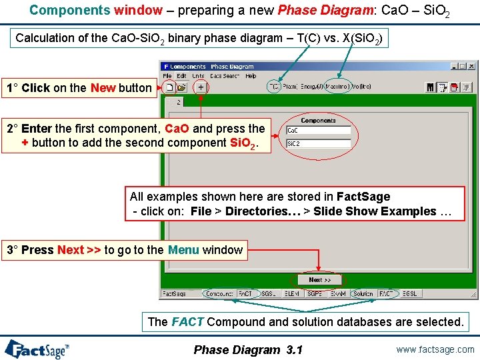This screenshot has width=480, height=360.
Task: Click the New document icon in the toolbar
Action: pyautogui.click(x=169, y=87)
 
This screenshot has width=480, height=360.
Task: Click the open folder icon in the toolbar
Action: pyautogui.click(x=181, y=87)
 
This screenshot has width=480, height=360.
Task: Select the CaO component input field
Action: pyautogui.click(x=318, y=131)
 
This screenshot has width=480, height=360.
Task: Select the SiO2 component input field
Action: pyautogui.click(x=318, y=143)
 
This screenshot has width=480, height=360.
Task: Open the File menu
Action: pyautogui.click(x=168, y=76)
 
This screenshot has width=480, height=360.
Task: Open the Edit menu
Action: pyautogui.click(x=182, y=76)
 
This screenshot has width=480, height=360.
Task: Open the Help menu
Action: pyautogui.click(x=251, y=76)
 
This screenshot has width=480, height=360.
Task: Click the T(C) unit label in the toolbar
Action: pyautogui.click(x=274, y=87)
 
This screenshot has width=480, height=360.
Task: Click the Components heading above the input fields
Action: pyautogui.click(x=318, y=121)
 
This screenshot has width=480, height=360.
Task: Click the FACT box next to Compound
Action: pyautogui.click(x=246, y=293)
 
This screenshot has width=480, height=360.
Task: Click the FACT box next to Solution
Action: pyautogui.click(x=386, y=293)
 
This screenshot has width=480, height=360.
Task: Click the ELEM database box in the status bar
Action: pyautogui.click(x=291, y=293)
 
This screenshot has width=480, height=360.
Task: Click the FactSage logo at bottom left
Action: pyautogui.click(x=37, y=349)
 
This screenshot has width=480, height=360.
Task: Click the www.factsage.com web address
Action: pyautogui.click(x=435, y=349)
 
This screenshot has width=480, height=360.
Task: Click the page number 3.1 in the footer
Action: pyautogui.click(x=293, y=349)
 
